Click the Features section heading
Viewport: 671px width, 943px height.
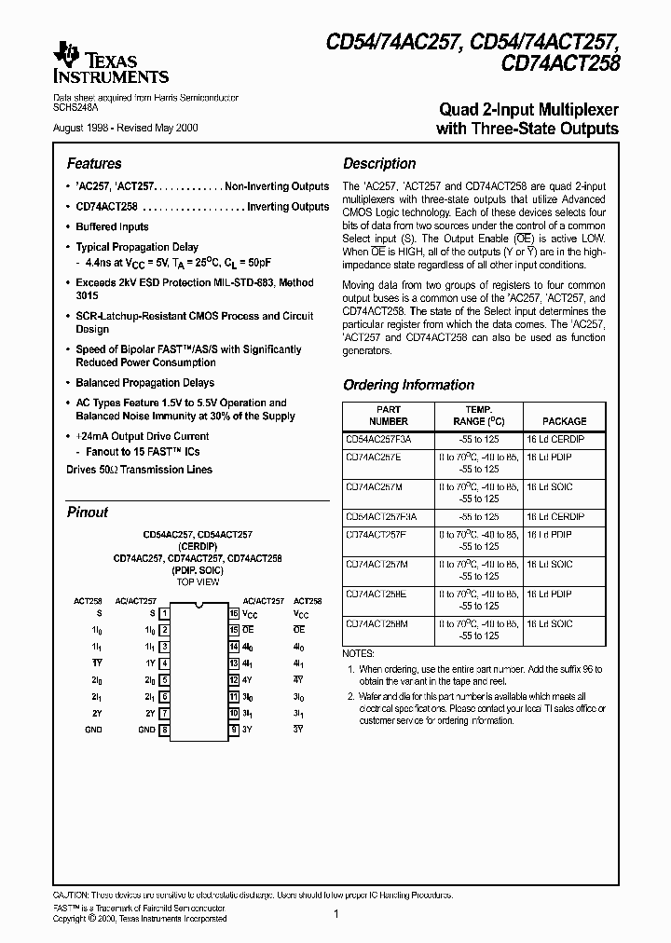pos(94,163)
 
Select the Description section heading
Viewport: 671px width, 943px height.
pos(379,163)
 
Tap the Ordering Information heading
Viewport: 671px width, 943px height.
pos(408,385)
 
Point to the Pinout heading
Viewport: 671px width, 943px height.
pos(88,512)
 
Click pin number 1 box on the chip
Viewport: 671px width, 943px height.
pos(164,614)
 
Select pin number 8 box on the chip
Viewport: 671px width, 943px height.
pos(164,730)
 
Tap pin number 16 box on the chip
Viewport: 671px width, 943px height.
pos(234,614)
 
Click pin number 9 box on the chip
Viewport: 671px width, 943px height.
pos(234,730)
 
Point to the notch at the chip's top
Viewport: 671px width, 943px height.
pos(199,608)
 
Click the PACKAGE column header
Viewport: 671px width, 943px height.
pos(565,421)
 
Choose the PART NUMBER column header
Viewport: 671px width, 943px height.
pos(389,416)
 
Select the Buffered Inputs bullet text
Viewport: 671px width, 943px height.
pos(112,226)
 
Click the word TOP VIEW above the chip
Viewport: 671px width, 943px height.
pos(198,582)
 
